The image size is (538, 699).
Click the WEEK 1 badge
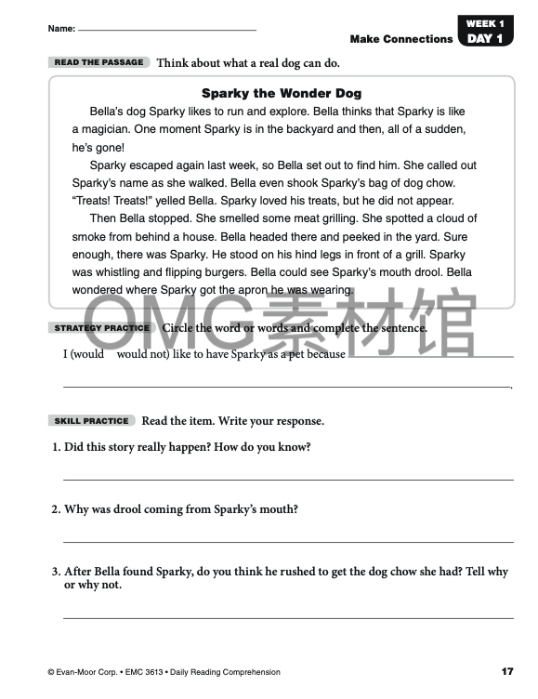click(x=485, y=23)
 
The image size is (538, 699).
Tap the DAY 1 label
click(x=485, y=39)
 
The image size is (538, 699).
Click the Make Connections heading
click(x=401, y=39)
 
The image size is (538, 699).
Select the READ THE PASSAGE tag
click(x=99, y=62)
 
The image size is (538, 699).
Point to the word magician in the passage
click(x=114, y=129)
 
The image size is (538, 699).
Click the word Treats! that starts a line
click(x=92, y=201)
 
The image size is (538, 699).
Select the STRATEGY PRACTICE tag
click(x=101, y=328)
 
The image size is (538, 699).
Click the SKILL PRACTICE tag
click(x=91, y=421)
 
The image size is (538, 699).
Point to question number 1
click(x=56, y=447)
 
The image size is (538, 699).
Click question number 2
click(x=56, y=509)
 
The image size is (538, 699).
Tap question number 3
click(x=56, y=573)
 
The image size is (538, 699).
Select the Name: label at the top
click(x=61, y=30)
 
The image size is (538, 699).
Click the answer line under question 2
click(x=288, y=541)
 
